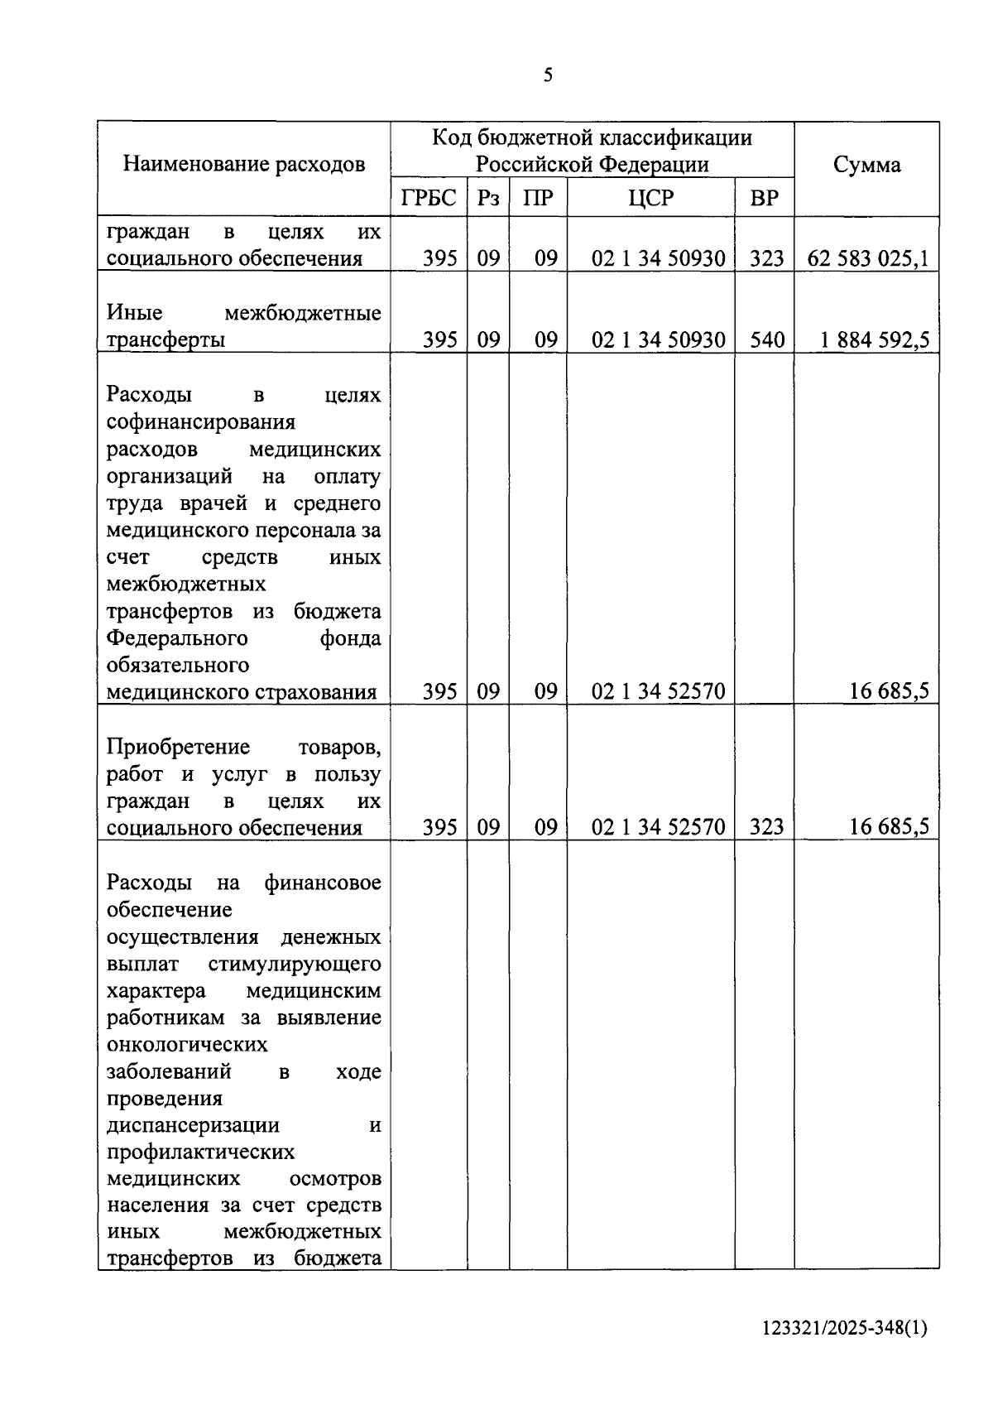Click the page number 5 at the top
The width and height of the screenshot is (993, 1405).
(548, 76)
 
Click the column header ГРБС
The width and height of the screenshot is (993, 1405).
(428, 199)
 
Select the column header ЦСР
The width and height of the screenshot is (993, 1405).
(651, 199)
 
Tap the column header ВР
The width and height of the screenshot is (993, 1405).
(764, 199)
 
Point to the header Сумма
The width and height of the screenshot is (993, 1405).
(866, 165)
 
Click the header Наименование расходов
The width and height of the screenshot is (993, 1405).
(244, 164)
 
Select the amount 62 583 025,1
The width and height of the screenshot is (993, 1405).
(867, 258)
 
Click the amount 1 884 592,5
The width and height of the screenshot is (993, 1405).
(875, 339)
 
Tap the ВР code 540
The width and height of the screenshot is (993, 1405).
(766, 339)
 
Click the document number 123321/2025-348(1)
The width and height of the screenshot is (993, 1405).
(845, 1328)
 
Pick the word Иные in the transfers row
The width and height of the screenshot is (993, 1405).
(135, 313)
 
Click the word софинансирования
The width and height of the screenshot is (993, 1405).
(201, 422)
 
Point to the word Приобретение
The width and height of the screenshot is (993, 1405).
(178, 747)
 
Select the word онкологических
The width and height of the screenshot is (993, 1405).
(188, 1044)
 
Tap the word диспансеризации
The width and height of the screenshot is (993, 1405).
(194, 1125)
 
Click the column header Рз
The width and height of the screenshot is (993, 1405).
(487, 199)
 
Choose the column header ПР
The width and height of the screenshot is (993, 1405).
(538, 199)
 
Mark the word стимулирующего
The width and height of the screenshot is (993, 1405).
(295, 964)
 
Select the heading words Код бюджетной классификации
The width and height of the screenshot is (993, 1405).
(592, 137)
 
